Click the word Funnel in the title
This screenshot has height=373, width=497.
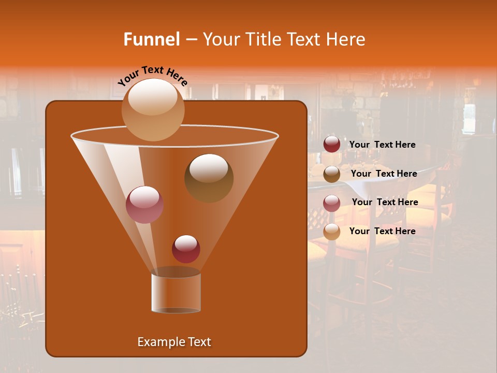click(x=152, y=39)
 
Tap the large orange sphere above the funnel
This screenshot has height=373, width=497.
click(x=153, y=109)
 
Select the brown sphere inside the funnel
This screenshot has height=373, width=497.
click(x=209, y=178)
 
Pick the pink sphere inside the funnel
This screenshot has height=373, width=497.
click(x=145, y=205)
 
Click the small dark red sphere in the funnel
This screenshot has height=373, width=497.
click(x=186, y=249)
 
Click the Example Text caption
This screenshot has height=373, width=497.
click(x=174, y=342)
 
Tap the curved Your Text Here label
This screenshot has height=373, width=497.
click(x=153, y=76)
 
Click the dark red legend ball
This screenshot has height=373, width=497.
click(x=332, y=145)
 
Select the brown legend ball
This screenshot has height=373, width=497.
click(x=332, y=174)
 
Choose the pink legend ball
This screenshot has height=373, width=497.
click(x=332, y=203)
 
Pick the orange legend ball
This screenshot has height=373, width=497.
click(x=332, y=232)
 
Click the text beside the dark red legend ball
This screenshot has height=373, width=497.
click(x=383, y=145)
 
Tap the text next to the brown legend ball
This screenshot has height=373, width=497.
click(x=384, y=174)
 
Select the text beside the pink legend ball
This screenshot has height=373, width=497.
click(x=385, y=202)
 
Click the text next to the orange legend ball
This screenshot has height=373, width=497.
click(x=383, y=231)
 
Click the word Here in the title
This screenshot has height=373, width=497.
click(x=347, y=39)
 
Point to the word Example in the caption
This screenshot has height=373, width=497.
click(x=157, y=342)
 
